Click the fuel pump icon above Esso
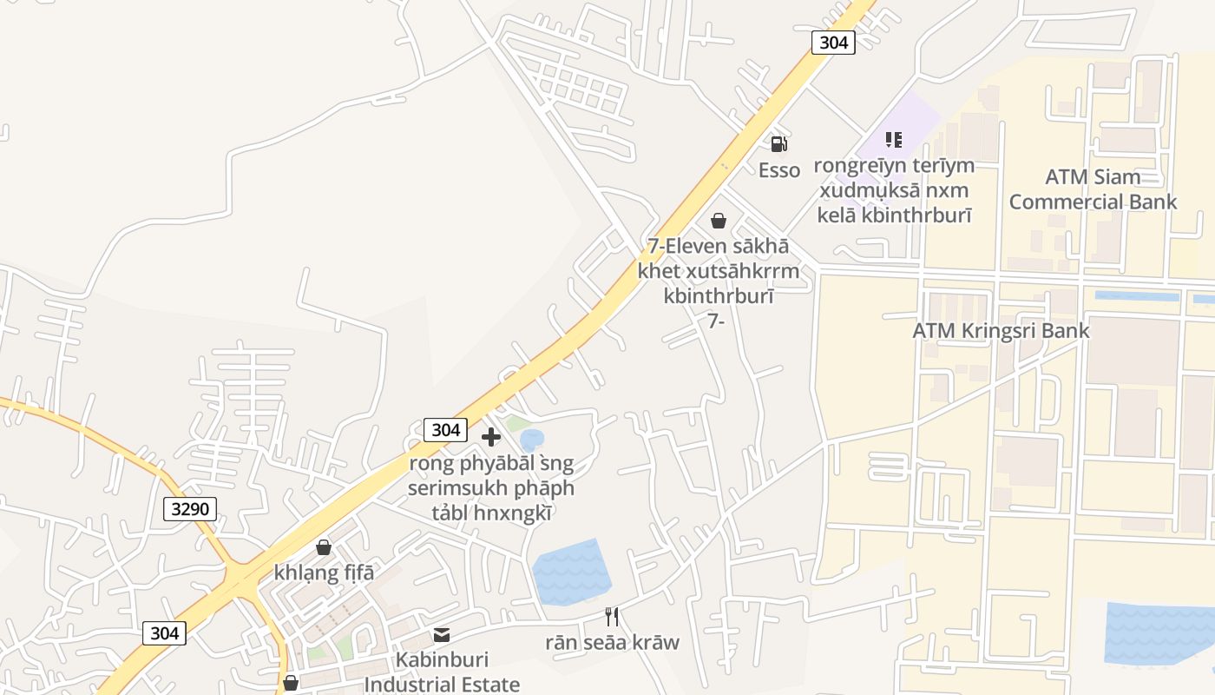click(778, 144)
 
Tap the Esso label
click(779, 170)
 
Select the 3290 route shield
click(190, 508)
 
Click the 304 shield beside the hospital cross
click(445, 429)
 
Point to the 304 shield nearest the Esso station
click(833, 42)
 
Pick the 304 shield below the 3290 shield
click(164, 633)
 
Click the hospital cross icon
click(491, 436)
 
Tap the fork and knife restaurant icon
click(612, 617)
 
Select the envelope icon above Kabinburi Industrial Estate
click(442, 635)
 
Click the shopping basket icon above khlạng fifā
click(324, 547)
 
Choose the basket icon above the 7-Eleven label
click(718, 221)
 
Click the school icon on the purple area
click(894, 139)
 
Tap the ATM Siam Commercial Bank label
click(1093, 189)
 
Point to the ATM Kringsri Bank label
click(1001, 331)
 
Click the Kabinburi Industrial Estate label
click(442, 672)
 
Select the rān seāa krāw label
click(612, 643)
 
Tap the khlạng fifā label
click(324, 573)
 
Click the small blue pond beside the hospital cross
click(532, 440)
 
